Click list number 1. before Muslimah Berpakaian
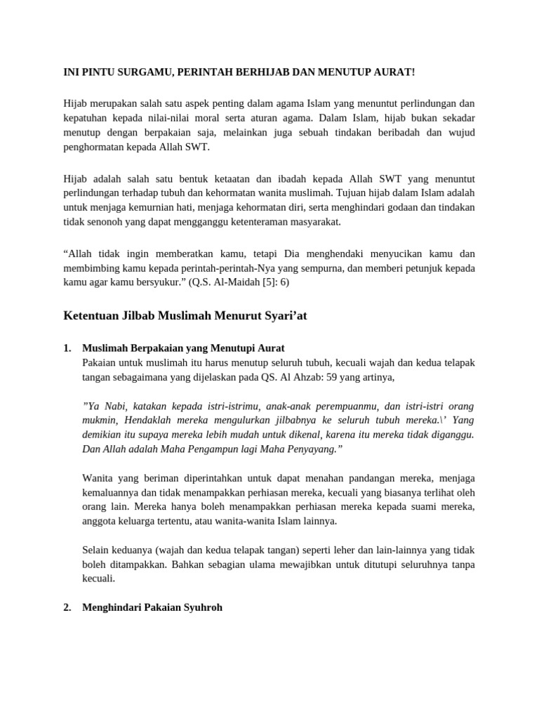(67, 348)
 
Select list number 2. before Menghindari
(67, 608)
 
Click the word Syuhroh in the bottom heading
(201, 608)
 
